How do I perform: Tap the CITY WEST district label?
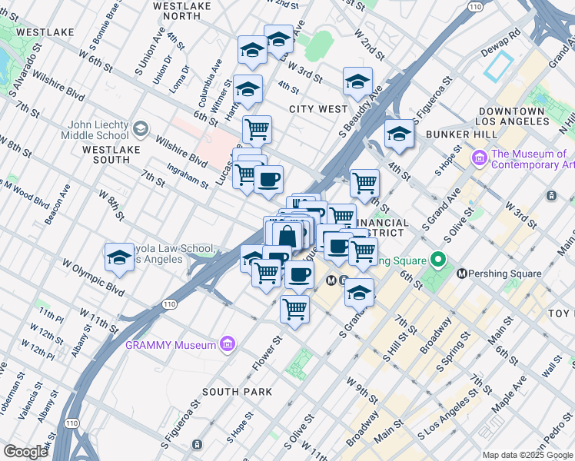[318, 109]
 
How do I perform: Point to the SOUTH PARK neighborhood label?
[237, 392]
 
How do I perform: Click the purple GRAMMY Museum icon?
[228, 345]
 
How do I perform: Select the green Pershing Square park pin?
[439, 260]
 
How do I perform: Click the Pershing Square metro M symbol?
[462, 274]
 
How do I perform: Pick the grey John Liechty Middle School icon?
[140, 128]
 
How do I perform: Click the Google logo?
[26, 452]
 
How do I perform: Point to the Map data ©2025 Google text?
[527, 455]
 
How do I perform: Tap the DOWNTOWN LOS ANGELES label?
[510, 117]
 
